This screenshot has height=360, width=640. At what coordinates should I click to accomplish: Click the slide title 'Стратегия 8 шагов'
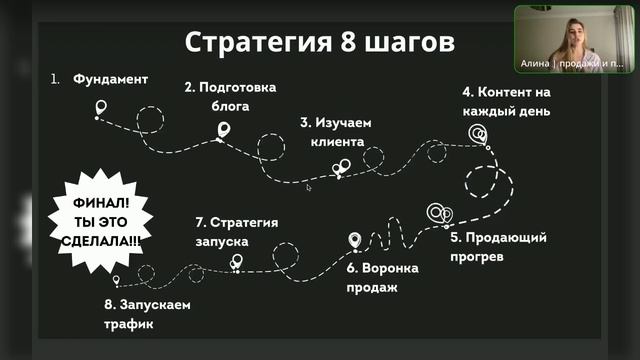click(x=320, y=43)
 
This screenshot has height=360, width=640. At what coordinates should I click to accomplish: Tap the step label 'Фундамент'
click(x=110, y=77)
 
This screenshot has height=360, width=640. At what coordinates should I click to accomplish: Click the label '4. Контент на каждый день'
click(x=506, y=101)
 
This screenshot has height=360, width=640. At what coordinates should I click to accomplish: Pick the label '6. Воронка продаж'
click(x=382, y=278)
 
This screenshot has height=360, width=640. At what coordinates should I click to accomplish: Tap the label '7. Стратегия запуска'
click(x=236, y=231)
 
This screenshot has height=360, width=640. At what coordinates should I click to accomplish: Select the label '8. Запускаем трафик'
click(x=146, y=314)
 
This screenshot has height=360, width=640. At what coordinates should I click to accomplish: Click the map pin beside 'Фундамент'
click(x=100, y=107)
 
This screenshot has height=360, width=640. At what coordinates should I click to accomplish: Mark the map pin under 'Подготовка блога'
click(x=223, y=130)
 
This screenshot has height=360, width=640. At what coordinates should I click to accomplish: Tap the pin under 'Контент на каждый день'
click(x=480, y=133)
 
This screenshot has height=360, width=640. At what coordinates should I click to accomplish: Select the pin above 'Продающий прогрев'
click(x=439, y=213)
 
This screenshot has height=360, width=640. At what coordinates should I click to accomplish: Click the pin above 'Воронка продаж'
click(x=354, y=240)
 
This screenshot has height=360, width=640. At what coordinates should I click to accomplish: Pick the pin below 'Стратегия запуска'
click(x=237, y=261)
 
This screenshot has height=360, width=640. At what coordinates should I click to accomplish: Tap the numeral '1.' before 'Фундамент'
click(x=56, y=77)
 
